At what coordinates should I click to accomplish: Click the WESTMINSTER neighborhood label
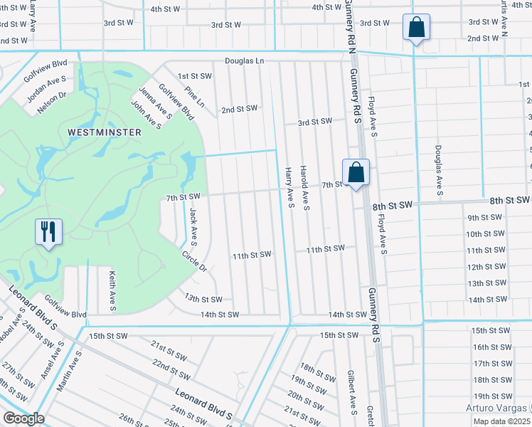click(105, 132)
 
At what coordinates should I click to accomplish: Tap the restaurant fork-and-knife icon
click(48, 232)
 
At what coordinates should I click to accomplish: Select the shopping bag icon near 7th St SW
click(356, 172)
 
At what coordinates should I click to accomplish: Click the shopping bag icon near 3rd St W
click(416, 28)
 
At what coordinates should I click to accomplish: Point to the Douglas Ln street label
click(245, 61)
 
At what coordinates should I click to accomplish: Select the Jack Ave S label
click(193, 225)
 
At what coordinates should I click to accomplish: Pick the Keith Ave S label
click(112, 289)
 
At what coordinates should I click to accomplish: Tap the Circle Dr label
click(193, 261)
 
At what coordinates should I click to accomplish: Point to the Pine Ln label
click(194, 97)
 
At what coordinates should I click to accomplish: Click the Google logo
click(23, 418)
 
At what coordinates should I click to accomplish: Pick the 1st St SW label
click(195, 76)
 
